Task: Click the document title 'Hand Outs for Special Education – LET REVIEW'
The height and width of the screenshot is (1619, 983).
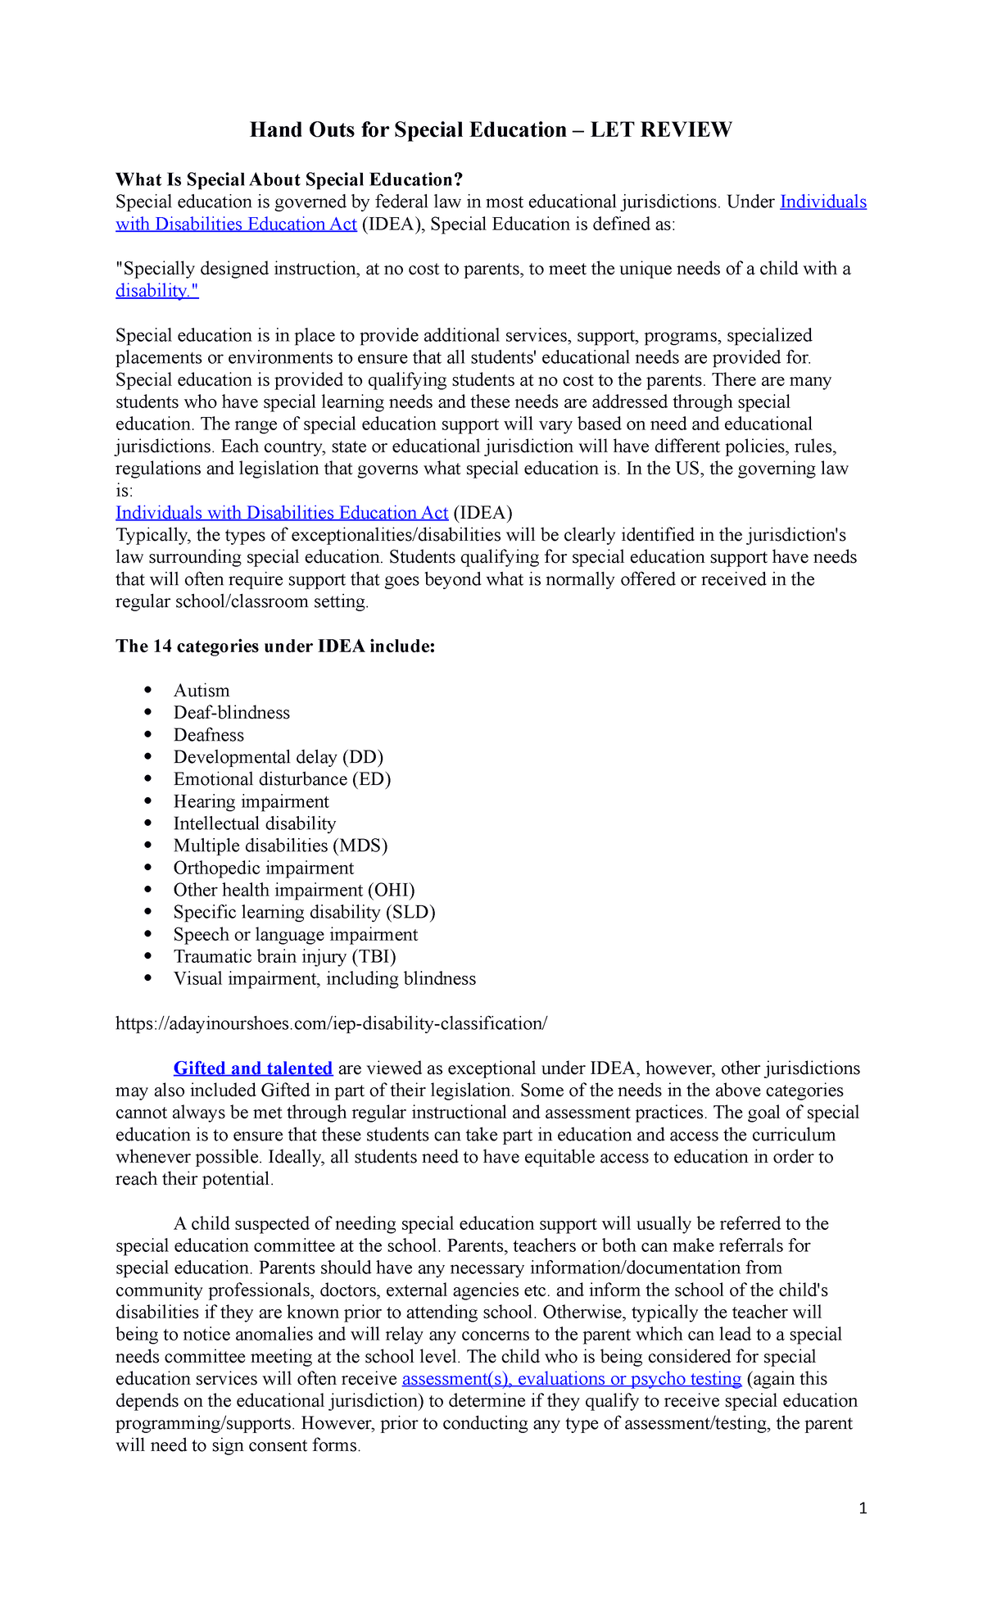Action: pyautogui.click(x=491, y=130)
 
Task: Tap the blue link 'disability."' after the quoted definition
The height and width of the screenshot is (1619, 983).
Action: pyautogui.click(x=156, y=291)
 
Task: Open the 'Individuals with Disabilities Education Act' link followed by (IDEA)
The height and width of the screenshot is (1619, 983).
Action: pyautogui.click(x=282, y=513)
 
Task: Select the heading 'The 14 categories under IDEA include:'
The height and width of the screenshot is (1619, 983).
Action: pyautogui.click(x=275, y=646)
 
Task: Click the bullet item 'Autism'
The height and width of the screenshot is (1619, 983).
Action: pyautogui.click(x=202, y=691)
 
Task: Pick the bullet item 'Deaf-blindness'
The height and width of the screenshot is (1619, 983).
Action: pyautogui.click(x=232, y=713)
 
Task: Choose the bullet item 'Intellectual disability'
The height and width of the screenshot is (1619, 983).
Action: pyautogui.click(x=255, y=823)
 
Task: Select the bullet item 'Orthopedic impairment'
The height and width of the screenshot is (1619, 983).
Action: pyautogui.click(x=264, y=868)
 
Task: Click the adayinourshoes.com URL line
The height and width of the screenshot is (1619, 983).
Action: pyautogui.click(x=331, y=1023)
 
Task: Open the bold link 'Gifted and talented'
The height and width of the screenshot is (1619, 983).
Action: pyautogui.click(x=253, y=1068)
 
